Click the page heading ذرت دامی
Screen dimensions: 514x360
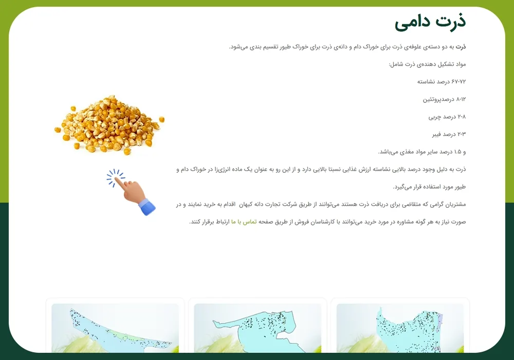[430, 22]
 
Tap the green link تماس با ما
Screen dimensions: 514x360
[244, 222]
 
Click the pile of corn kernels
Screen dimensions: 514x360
[109, 125]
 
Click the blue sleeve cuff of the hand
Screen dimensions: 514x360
[147, 208]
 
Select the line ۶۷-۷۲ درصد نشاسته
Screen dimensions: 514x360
[441, 82]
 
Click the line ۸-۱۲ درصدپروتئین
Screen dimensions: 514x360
[444, 99]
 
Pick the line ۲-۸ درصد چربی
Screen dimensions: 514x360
[447, 117]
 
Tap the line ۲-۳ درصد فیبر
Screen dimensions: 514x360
[449, 134]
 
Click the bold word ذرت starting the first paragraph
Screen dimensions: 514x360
[461, 47]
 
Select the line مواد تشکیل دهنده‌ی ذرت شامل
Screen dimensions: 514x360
[428, 64]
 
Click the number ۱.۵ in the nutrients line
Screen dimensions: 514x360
[457, 152]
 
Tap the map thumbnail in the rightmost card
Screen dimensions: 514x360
[400, 328]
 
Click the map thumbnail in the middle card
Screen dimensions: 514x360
[258, 328]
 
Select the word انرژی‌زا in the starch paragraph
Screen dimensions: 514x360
[223, 170]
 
